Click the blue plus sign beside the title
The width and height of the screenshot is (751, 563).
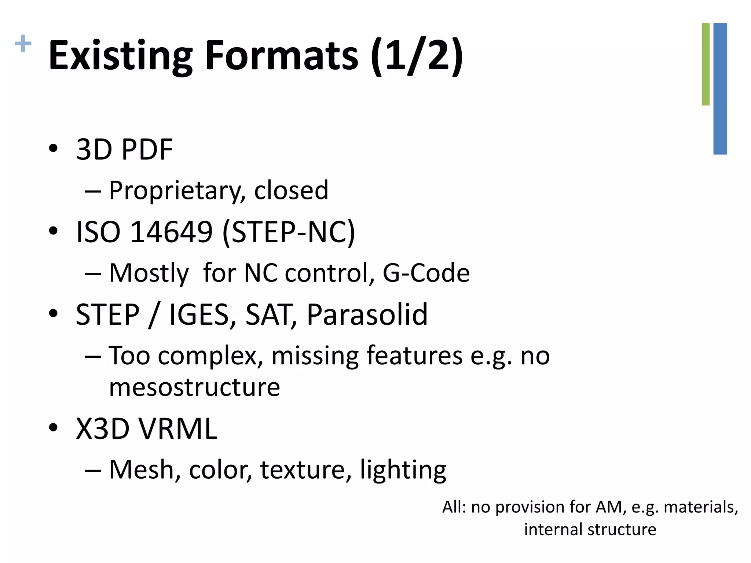(x=23, y=44)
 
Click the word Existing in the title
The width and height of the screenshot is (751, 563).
(x=121, y=56)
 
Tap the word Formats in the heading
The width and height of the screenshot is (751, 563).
(x=281, y=55)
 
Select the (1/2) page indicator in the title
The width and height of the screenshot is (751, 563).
(x=417, y=56)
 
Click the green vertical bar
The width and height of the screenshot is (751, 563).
(x=706, y=64)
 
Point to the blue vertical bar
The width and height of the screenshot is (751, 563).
(x=720, y=89)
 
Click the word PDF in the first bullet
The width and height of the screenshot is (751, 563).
(x=147, y=150)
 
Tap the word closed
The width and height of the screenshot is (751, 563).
(x=291, y=191)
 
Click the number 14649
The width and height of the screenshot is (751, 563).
(x=171, y=232)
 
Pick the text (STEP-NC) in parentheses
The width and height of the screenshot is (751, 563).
(x=289, y=232)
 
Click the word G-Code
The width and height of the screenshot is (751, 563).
(x=426, y=273)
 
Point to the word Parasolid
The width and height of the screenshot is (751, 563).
(x=367, y=315)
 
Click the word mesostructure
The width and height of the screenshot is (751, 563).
(x=194, y=387)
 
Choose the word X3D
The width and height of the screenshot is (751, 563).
(x=103, y=429)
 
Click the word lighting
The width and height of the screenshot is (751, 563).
(x=403, y=470)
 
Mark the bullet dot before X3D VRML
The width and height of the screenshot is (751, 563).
(x=53, y=427)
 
